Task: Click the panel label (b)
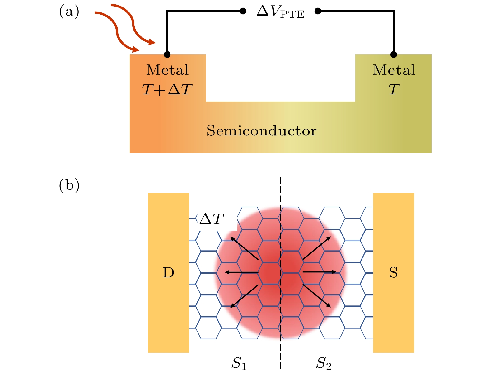(69, 186)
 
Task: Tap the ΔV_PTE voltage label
(280, 12)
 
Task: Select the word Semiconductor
(261, 131)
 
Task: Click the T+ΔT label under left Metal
(167, 90)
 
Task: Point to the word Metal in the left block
(167, 70)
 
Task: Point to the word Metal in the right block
(394, 70)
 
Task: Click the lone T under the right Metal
(394, 90)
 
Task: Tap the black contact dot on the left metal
(167, 55)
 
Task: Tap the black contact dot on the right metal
(394, 55)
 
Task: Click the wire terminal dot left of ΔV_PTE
(243, 12)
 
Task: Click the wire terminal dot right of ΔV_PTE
(318, 12)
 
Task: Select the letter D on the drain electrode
(168, 273)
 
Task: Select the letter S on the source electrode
(393, 273)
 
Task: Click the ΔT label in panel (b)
(212, 219)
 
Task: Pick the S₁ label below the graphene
(239, 363)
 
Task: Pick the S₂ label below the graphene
(324, 363)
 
